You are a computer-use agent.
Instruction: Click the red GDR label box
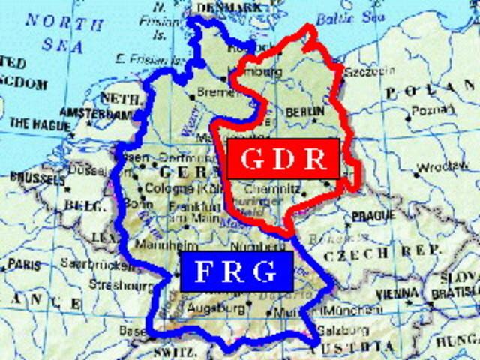(283, 159)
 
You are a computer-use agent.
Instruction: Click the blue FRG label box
(235, 271)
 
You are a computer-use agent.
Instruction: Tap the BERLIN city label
(304, 111)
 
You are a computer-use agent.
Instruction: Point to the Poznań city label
(427, 109)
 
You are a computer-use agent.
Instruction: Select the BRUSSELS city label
(36, 178)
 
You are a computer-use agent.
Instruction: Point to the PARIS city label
(25, 265)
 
